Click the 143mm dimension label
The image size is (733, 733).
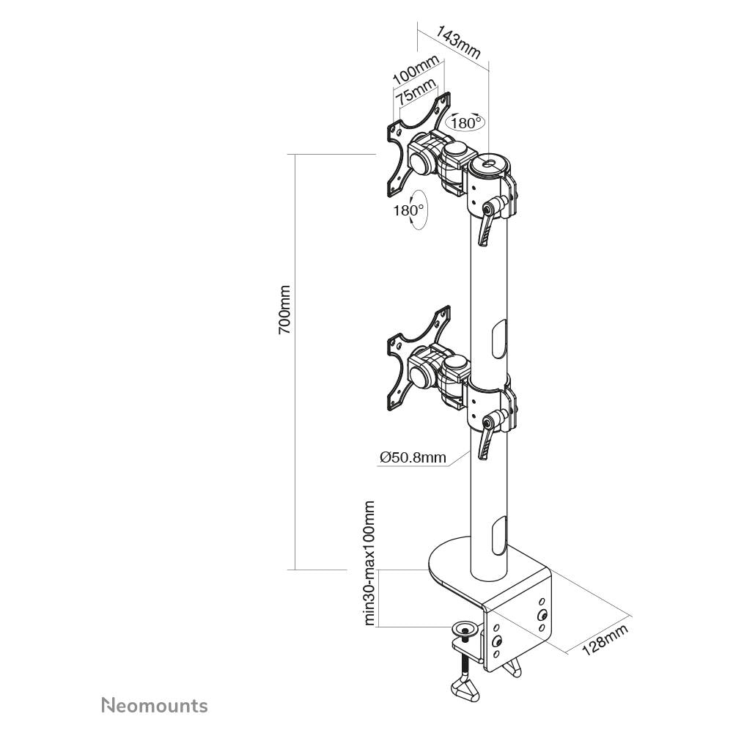(458, 42)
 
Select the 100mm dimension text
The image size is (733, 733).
(416, 70)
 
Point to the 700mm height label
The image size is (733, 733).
(284, 309)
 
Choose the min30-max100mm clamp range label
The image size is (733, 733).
(369, 563)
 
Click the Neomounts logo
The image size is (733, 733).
(155, 705)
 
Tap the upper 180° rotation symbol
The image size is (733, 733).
(465, 122)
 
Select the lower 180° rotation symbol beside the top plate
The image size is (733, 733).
(410, 210)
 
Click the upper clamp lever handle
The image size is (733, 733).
(486, 224)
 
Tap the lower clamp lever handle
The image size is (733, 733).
(486, 438)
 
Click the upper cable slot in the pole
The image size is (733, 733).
(500, 339)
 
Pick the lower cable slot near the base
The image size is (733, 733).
(500, 536)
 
